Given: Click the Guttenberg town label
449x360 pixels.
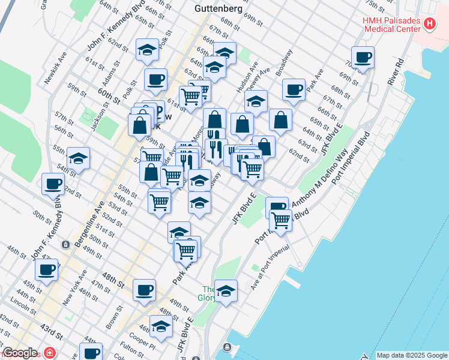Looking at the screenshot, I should coord(218,9).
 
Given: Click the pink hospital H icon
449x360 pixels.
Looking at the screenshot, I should coord(430,23).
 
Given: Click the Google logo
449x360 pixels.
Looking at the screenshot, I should coord(19,353).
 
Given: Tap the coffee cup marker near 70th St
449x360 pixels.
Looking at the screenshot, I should coord(363,58).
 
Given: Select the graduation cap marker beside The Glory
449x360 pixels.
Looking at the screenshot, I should coord(226,292).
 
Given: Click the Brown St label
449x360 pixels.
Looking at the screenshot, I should coord(114,318).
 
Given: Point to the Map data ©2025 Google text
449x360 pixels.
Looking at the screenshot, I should coord(411,355).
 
